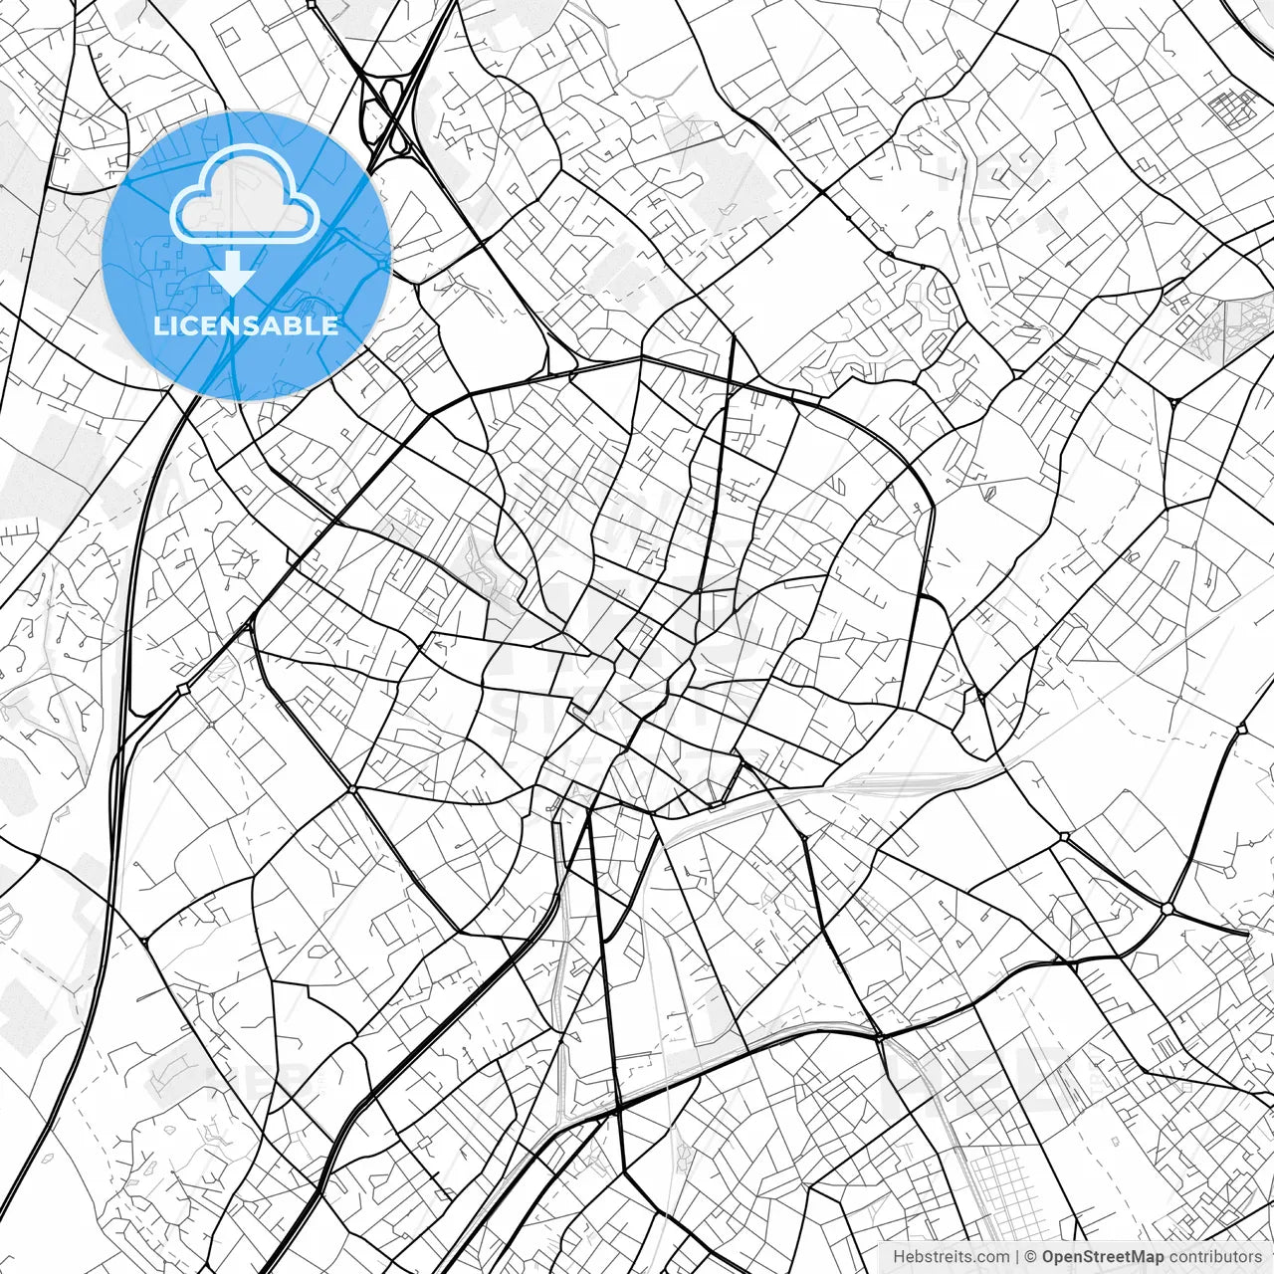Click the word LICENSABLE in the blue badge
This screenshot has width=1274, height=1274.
[x=246, y=325]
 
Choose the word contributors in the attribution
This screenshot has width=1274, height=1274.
[x=1214, y=1257]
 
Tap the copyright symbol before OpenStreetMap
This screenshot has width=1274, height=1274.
[x=1032, y=1257]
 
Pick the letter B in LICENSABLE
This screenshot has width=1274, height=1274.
[x=291, y=325]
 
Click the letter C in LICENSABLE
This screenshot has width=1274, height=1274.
[x=185, y=325]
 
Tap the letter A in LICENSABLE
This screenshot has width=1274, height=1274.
[x=270, y=325]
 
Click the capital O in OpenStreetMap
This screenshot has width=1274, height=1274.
[x=1049, y=1257]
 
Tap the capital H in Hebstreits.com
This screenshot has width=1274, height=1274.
[x=899, y=1257]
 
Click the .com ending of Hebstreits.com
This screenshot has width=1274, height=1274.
[x=991, y=1257]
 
